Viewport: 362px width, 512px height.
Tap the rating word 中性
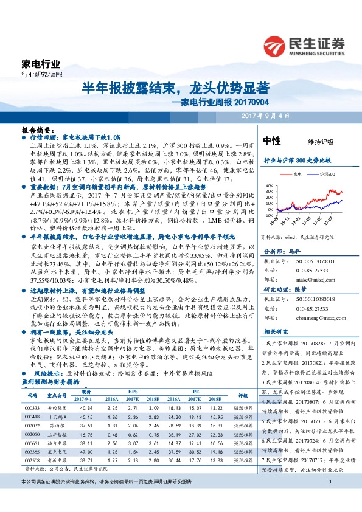click(271, 141)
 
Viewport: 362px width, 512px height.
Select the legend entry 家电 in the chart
click(294, 174)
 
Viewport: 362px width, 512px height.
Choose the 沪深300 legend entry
click(325, 174)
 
